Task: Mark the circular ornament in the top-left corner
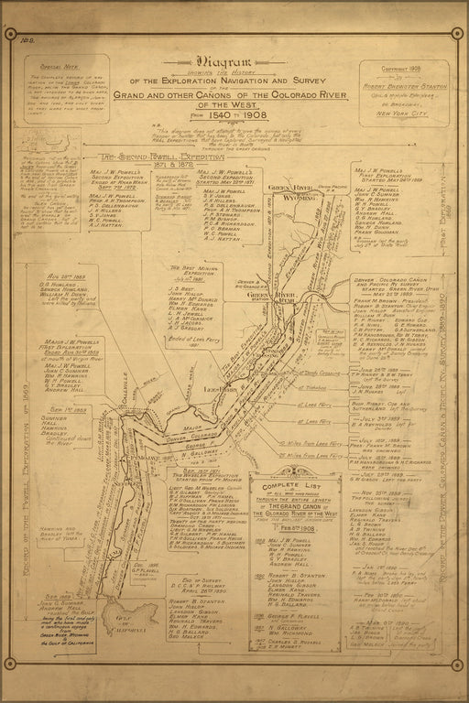pos(11,36)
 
